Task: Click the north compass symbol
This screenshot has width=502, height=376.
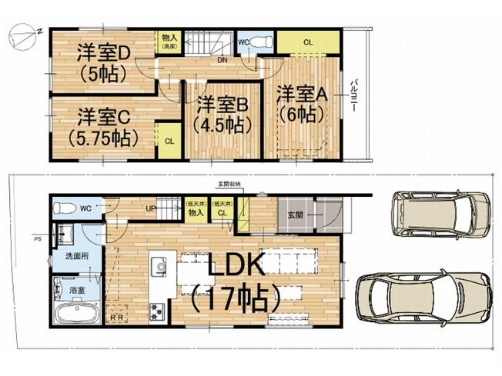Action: (x=21, y=36)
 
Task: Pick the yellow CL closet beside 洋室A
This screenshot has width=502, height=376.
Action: (x=306, y=42)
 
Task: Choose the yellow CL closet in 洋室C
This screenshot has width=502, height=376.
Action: (x=169, y=141)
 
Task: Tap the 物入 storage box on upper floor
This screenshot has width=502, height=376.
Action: (x=167, y=42)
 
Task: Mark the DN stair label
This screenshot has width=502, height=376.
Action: (x=222, y=59)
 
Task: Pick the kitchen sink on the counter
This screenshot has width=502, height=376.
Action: (x=161, y=265)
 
